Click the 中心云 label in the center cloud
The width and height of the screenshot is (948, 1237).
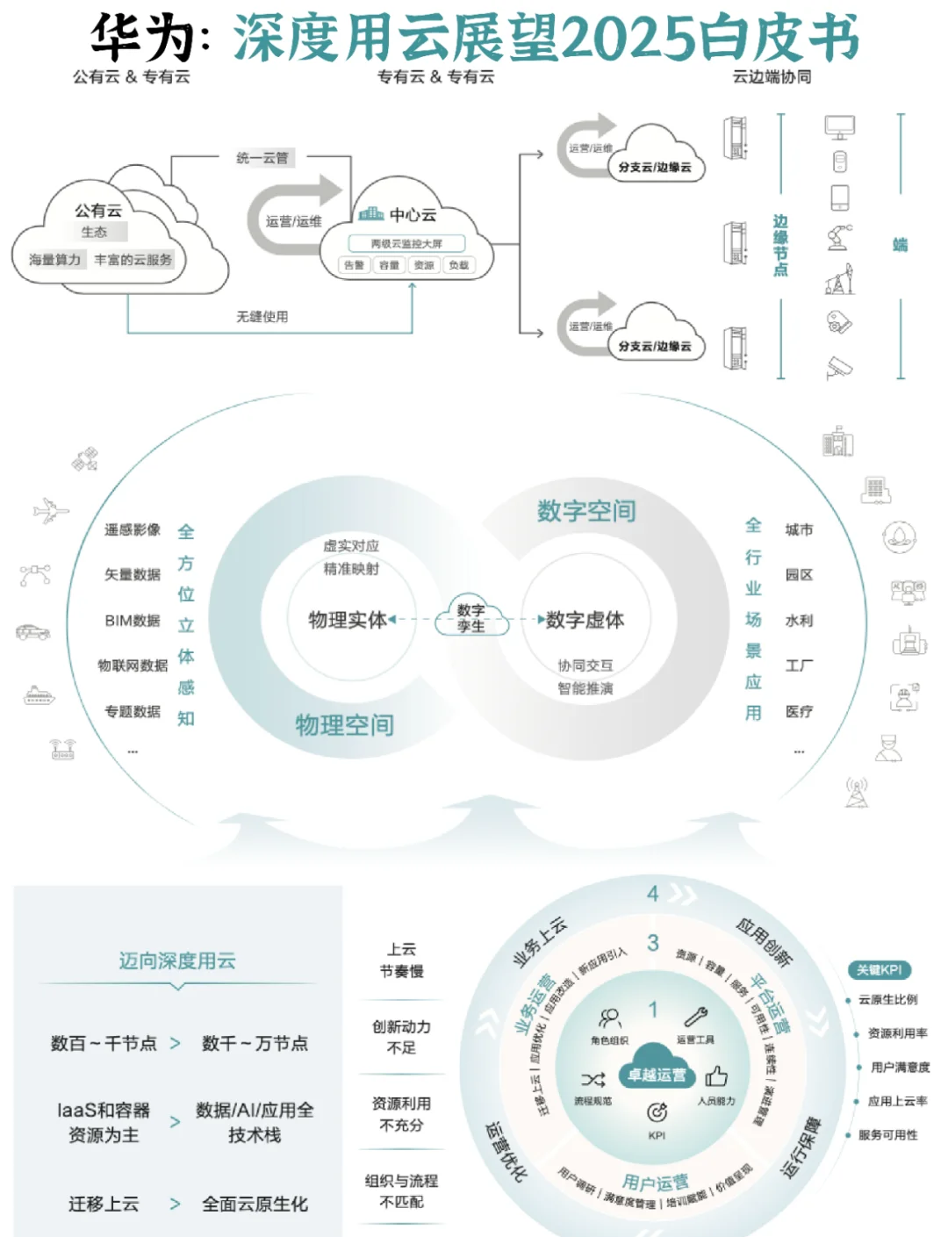(x=412, y=214)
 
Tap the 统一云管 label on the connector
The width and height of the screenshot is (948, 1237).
(x=262, y=158)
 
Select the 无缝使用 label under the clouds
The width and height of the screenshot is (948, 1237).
(x=262, y=316)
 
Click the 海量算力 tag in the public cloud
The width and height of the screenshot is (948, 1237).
(x=54, y=260)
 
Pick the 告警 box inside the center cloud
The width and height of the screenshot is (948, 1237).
(x=354, y=265)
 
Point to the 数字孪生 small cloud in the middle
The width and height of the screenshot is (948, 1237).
(x=471, y=617)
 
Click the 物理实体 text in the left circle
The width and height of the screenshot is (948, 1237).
(x=347, y=620)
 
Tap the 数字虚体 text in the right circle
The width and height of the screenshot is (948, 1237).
(x=585, y=620)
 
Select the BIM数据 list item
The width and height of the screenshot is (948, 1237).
(x=133, y=620)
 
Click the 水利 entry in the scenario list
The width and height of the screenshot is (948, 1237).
(x=799, y=620)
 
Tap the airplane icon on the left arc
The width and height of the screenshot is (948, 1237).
(x=51, y=510)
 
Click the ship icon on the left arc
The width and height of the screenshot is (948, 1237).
(x=39, y=695)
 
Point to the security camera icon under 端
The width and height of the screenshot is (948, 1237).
(x=838, y=367)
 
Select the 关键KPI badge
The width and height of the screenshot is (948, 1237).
(x=879, y=970)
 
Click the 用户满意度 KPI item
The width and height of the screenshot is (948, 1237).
(x=900, y=1067)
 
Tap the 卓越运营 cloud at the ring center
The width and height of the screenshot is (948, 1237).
(x=657, y=1075)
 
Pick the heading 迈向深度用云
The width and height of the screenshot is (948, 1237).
(x=177, y=960)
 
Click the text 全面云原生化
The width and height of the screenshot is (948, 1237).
(x=255, y=1204)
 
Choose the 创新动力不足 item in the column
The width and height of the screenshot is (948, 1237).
(x=401, y=1037)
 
